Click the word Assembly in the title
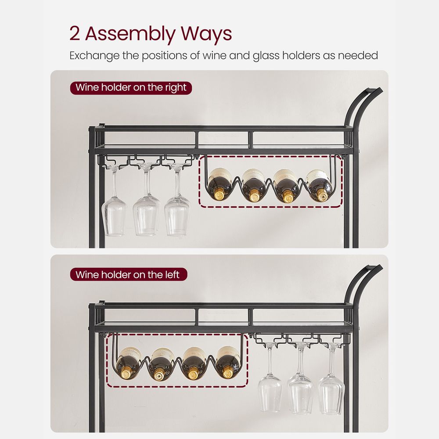pos(127,34)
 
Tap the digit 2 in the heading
pos(75,34)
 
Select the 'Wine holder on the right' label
pos(131,87)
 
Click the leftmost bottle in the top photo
pos(220,185)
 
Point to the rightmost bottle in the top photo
pos(320,184)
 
